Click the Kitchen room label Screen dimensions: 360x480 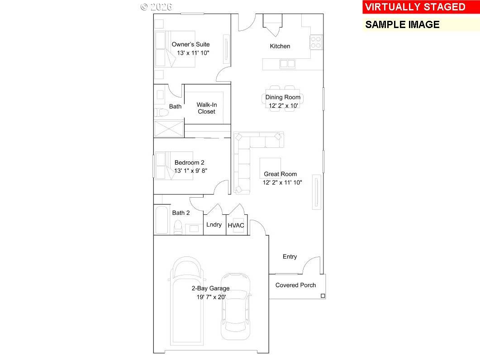pyautogui.click(x=280, y=46)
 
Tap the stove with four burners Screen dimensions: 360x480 pyautogui.click(x=316, y=42)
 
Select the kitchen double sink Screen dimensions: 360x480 pyautogui.click(x=287, y=64)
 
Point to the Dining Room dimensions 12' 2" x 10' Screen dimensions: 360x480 pyautogui.click(x=283, y=105)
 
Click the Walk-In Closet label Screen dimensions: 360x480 pyautogui.click(x=206, y=108)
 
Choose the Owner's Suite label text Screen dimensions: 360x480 pyautogui.click(x=190, y=44)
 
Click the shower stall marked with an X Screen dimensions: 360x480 pyautogui.click(x=169, y=128)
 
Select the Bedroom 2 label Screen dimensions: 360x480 pyautogui.click(x=190, y=163)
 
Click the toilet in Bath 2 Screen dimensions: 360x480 pyautogui.click(x=178, y=226)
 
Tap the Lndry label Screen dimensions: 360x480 pyautogui.click(x=214, y=225)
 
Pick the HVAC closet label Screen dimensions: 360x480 pyautogui.click(x=236, y=225)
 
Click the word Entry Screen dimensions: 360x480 pyautogui.click(x=290, y=256)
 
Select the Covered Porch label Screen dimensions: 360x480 pyautogui.click(x=295, y=285)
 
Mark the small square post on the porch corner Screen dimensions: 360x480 pyautogui.click(x=323, y=296)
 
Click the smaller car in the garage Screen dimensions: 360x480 pyautogui.click(x=235, y=306)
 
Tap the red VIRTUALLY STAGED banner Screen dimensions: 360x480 pyautogui.click(x=415, y=7)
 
